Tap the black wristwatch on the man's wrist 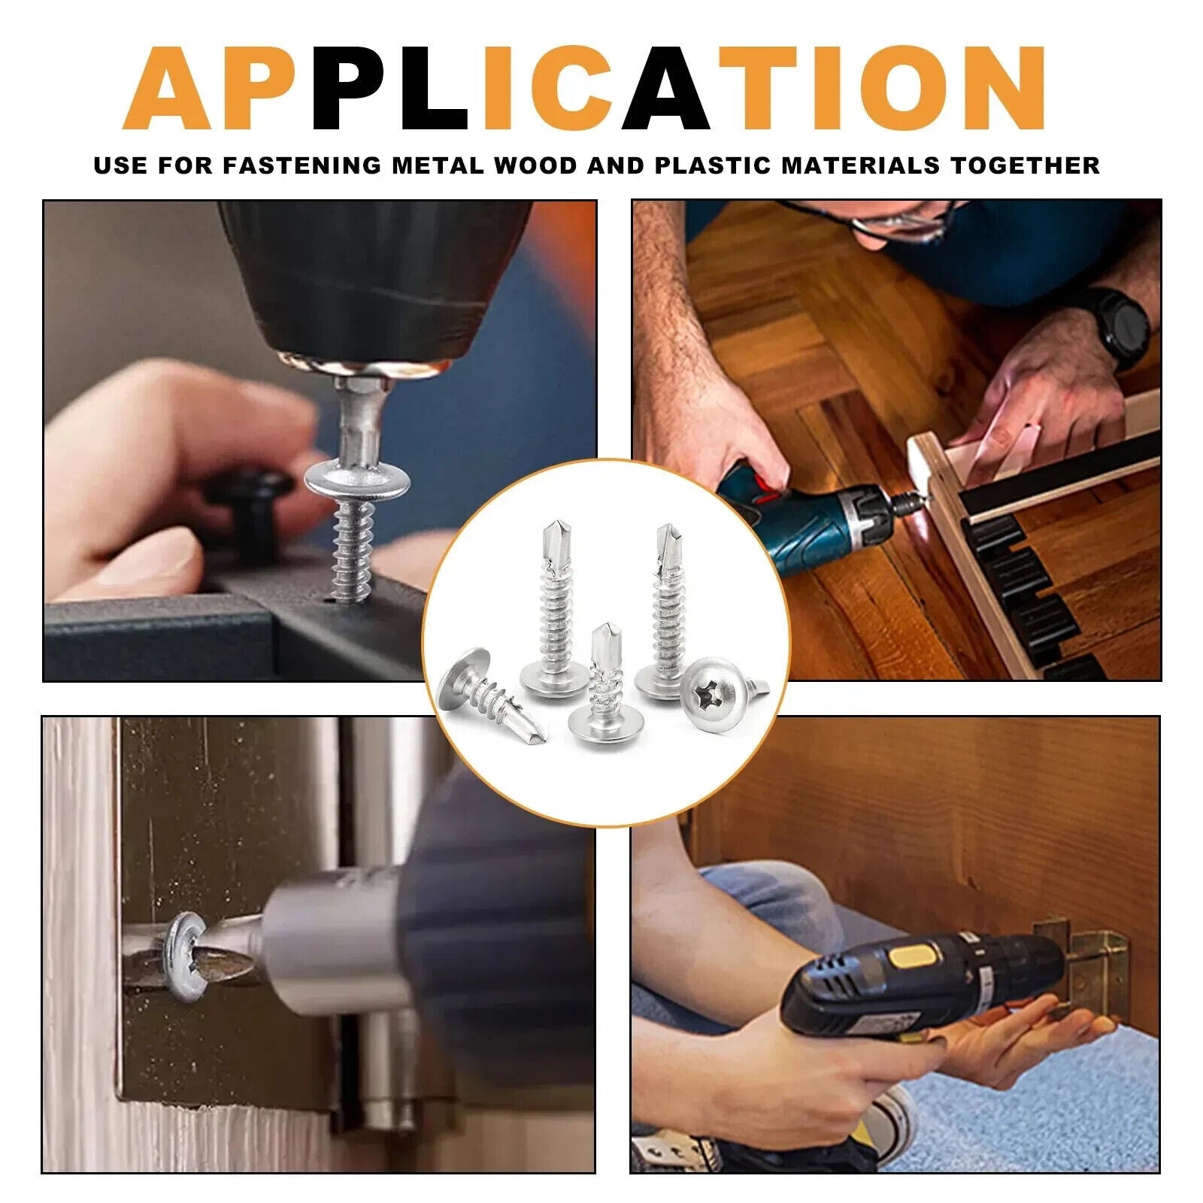[1120, 328]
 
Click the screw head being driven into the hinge [183, 957]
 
